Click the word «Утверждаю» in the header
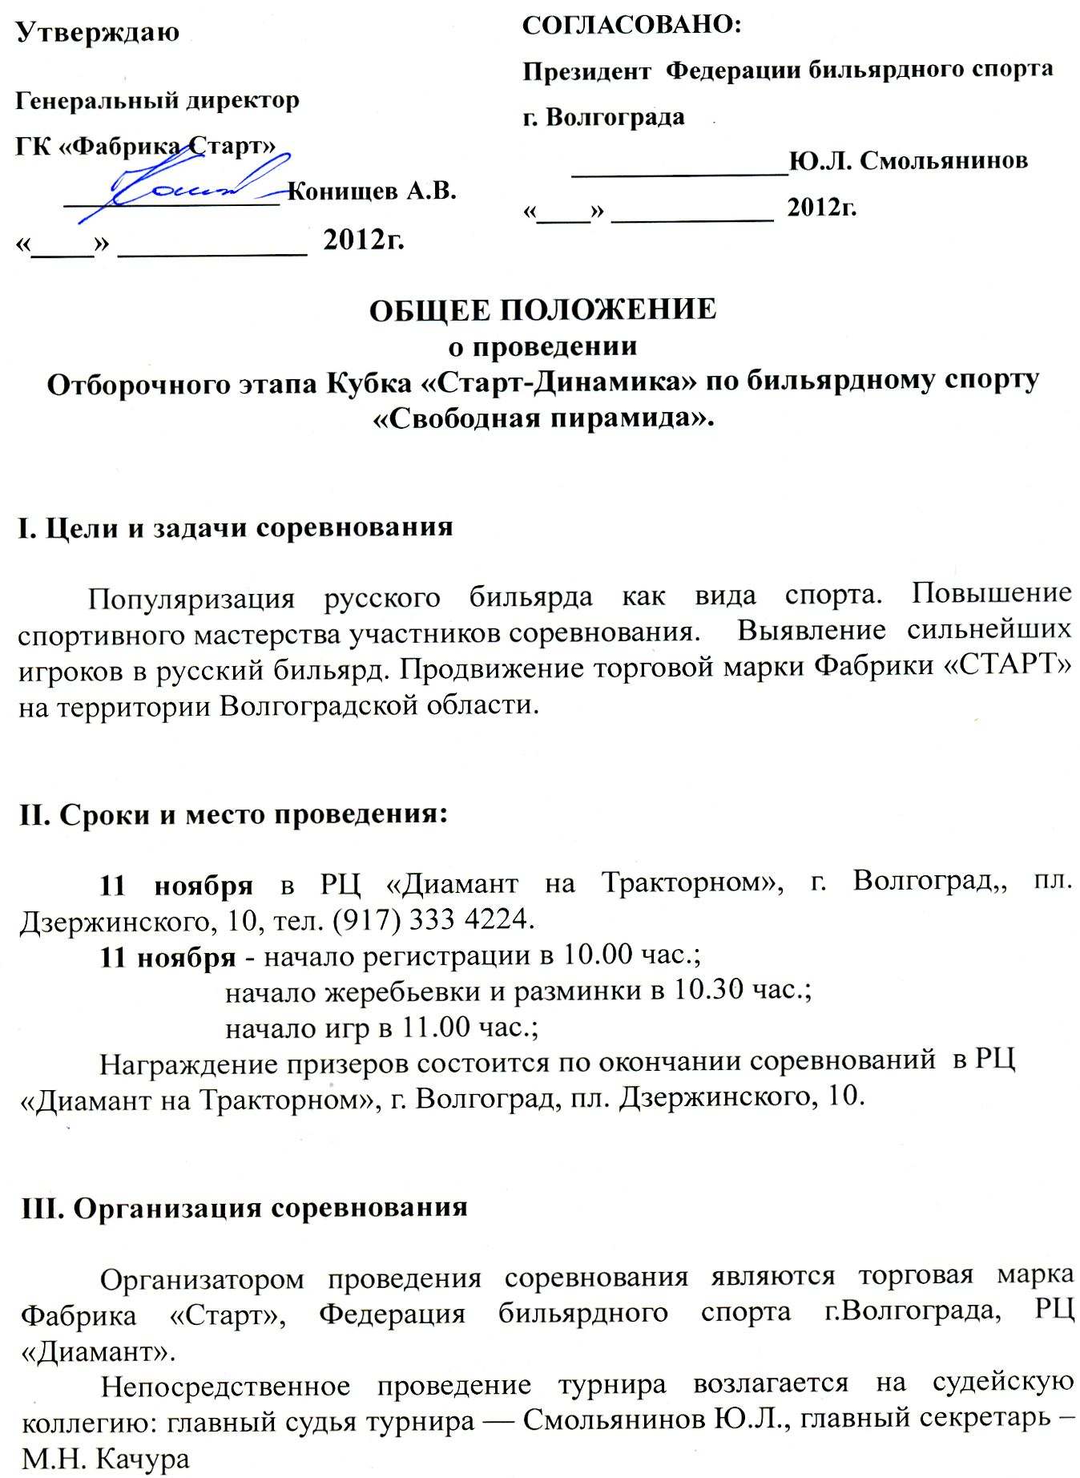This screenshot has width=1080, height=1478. point(98,33)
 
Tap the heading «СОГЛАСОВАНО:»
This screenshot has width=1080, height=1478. point(632,25)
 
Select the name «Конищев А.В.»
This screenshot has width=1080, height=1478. point(371,192)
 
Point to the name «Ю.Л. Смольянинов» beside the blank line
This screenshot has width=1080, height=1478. point(908,161)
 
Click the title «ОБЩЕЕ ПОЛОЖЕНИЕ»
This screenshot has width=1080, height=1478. point(542,309)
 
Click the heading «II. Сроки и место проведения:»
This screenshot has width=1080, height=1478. point(233,814)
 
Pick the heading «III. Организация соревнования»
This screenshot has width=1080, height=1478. point(244,1208)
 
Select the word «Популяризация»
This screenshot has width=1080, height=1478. point(191,598)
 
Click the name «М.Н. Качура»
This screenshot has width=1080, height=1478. point(106,1459)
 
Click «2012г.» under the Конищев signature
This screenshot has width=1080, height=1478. point(363,239)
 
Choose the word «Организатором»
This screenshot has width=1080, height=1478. point(202,1279)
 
